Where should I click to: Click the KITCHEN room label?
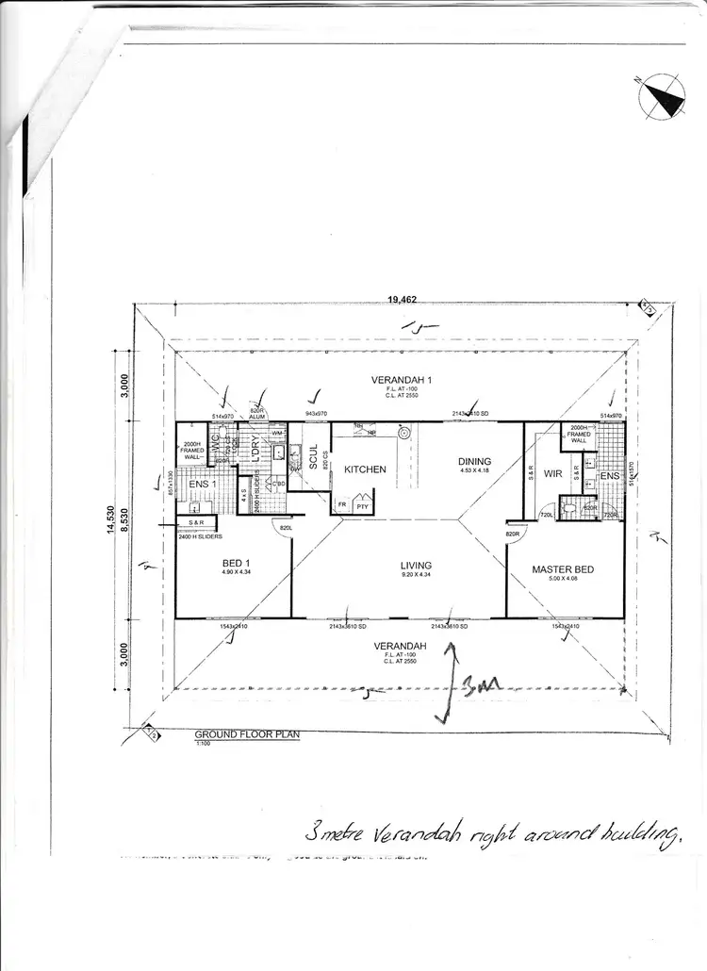[365, 469]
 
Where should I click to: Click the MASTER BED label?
[564, 569]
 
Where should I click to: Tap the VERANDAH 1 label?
[402, 379]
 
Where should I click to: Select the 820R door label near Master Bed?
[513, 534]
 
